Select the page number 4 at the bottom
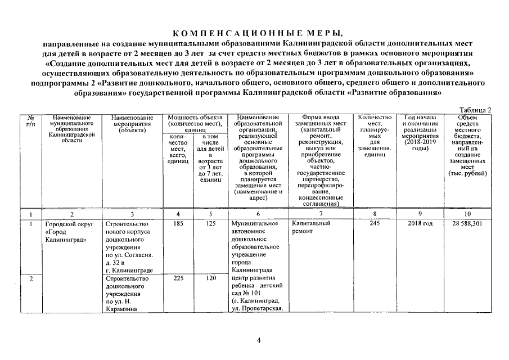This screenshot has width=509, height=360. (259, 340)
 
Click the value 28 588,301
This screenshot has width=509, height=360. (467, 223)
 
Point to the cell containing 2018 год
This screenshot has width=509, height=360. (420, 223)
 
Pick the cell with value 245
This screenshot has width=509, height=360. (374, 223)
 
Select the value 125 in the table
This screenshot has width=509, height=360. (210, 223)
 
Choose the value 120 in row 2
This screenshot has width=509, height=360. (210, 278)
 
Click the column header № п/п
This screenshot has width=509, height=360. (30, 120)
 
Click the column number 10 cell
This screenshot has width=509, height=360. (467, 214)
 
